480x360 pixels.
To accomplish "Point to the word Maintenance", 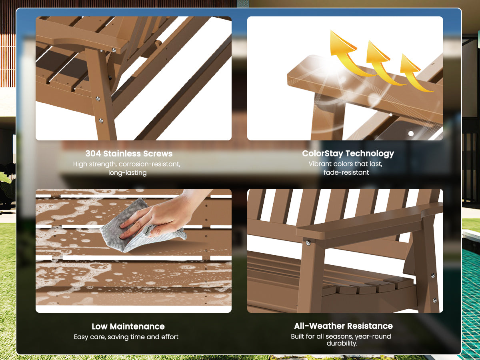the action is coord(137,326).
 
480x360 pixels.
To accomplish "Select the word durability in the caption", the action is coord(341,343).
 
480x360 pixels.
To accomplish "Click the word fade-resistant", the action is coord(346,172).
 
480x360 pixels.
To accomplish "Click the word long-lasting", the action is coord(128,173).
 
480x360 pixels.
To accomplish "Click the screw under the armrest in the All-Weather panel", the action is coord(308,243).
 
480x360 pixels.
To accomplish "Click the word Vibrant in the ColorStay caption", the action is coord(320,164).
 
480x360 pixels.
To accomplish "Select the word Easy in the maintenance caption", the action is coord(81,337).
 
